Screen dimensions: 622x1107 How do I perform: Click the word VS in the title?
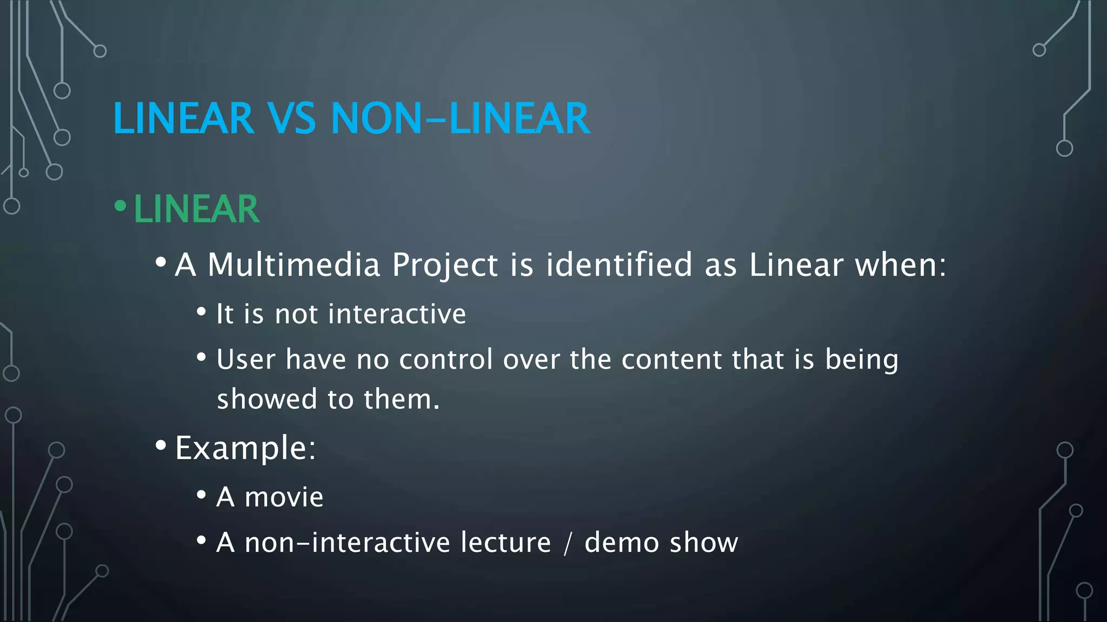[292, 118]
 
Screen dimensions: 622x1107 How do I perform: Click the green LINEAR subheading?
[197, 209]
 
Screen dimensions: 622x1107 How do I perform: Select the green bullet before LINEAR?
[121, 206]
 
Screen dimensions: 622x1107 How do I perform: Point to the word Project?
[444, 266]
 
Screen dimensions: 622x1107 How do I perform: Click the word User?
[246, 360]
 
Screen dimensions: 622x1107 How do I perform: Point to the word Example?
[245, 448]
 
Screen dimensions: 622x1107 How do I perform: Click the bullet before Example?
[161, 445]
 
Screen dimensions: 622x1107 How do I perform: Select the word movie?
[284, 497]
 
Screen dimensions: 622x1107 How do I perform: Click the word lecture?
[505, 543]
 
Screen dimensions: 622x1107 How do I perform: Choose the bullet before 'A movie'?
[201, 495]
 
